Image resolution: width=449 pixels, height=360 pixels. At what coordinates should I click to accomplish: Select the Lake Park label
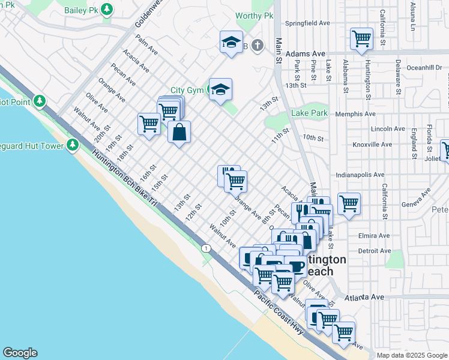pos(309,113)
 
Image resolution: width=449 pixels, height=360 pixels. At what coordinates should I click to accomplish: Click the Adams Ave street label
pos(305,53)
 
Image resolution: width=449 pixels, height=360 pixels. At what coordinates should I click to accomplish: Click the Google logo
pos(20,353)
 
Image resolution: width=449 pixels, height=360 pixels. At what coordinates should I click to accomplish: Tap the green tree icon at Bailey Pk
pos(107,9)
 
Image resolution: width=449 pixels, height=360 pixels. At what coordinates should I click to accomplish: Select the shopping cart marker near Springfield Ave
pos(361,39)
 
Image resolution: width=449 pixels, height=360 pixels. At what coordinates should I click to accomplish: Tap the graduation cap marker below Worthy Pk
pos(231,43)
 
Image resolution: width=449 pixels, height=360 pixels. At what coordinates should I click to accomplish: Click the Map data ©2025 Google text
pos(412,355)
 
